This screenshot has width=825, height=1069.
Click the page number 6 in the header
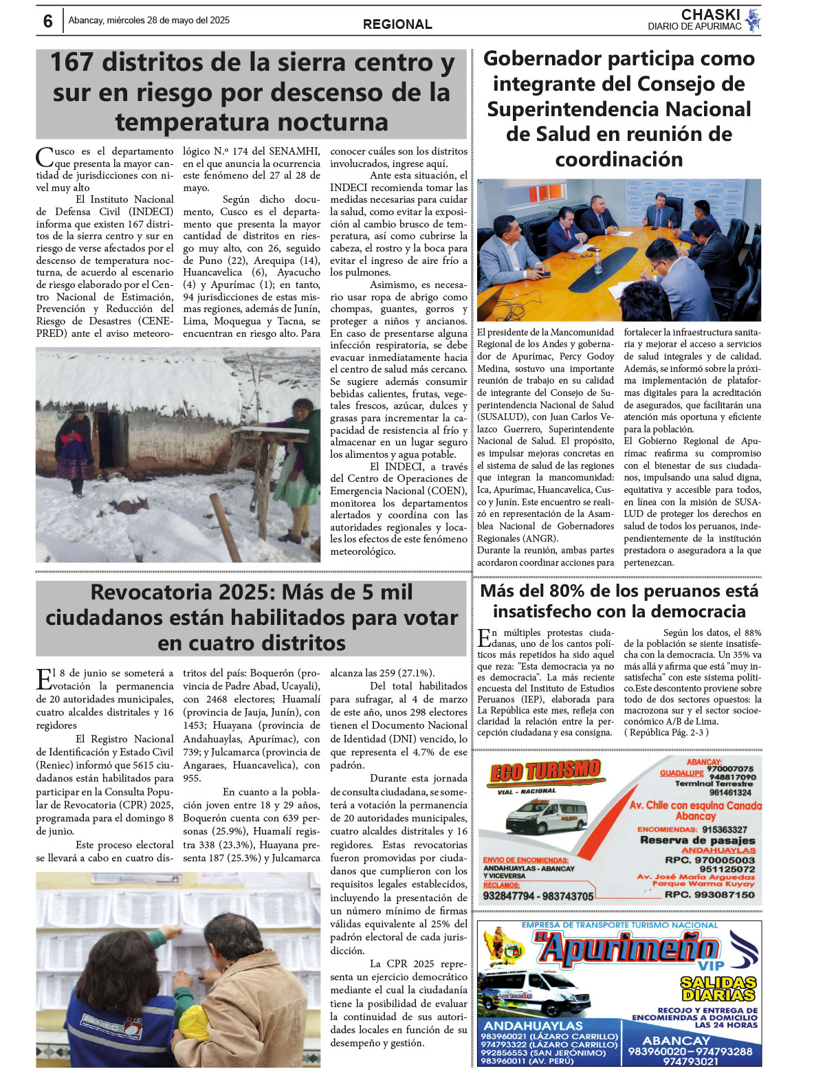click(47, 21)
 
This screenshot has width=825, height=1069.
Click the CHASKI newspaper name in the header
click(710, 14)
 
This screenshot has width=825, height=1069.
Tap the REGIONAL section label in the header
click(397, 25)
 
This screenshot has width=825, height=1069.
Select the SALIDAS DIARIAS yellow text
click(718, 989)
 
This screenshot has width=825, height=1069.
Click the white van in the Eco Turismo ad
click(547, 816)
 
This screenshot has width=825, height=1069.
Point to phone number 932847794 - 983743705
click(538, 896)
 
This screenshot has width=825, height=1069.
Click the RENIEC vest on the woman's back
click(103, 1024)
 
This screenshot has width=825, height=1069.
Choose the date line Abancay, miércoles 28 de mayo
click(149, 21)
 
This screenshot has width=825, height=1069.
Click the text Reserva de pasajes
click(697, 840)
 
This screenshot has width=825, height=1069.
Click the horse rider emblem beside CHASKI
click(753, 19)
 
